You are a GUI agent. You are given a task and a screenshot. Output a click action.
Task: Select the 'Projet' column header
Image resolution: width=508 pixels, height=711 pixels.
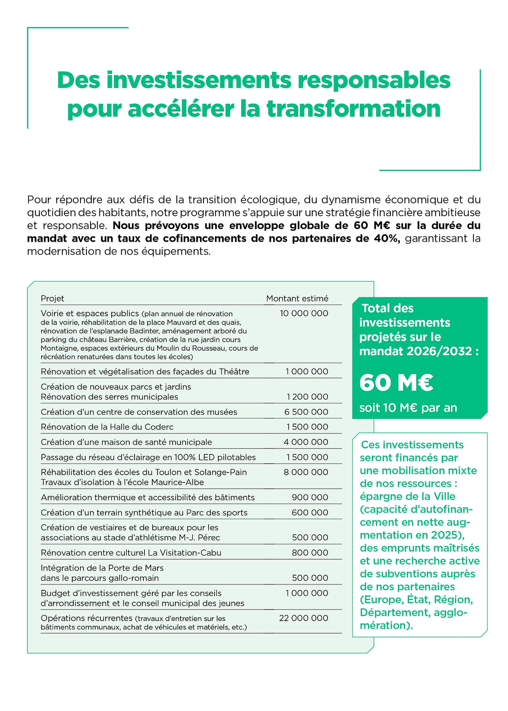pyautogui.click(x=52, y=298)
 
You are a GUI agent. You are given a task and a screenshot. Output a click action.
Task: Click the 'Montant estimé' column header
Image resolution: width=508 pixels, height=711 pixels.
pyautogui.click(x=297, y=298)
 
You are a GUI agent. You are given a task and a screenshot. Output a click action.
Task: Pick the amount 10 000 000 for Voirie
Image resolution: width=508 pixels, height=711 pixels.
pyautogui.click(x=304, y=313)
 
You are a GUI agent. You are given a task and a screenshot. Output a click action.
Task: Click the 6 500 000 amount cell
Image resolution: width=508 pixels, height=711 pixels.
pyautogui.click(x=306, y=412)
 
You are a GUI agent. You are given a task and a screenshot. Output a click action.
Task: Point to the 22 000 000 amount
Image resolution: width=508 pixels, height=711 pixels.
pyautogui.click(x=303, y=618)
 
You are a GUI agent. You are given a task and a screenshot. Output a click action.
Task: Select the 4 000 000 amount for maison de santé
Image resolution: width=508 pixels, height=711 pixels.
pyautogui.click(x=306, y=442)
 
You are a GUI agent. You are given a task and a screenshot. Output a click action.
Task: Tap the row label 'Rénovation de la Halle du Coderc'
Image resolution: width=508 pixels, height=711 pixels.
pyautogui.click(x=107, y=427)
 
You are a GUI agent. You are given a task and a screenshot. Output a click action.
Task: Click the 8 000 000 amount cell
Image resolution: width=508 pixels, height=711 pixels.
pyautogui.click(x=306, y=472)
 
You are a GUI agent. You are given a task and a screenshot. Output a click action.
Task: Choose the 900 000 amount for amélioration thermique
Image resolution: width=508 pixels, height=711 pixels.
pyautogui.click(x=310, y=497)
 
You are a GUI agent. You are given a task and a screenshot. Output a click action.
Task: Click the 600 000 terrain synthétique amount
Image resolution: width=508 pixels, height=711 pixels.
pyautogui.click(x=310, y=513)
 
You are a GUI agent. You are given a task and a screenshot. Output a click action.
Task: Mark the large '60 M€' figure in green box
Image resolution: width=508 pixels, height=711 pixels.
pyautogui.click(x=396, y=383)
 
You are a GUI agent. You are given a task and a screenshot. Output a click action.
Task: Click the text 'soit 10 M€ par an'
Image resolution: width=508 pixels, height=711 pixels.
pyautogui.click(x=408, y=408)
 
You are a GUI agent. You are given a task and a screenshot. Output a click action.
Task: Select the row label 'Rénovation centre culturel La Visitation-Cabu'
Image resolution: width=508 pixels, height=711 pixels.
pyautogui.click(x=131, y=553)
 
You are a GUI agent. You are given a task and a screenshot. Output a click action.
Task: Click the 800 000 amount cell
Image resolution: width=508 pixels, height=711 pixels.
pyautogui.click(x=310, y=553)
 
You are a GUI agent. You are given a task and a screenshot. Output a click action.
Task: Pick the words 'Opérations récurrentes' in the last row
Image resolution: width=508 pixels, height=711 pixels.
pyautogui.click(x=86, y=618)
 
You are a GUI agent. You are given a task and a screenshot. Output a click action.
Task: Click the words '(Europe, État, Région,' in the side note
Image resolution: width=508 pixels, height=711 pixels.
pyautogui.click(x=416, y=600)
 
